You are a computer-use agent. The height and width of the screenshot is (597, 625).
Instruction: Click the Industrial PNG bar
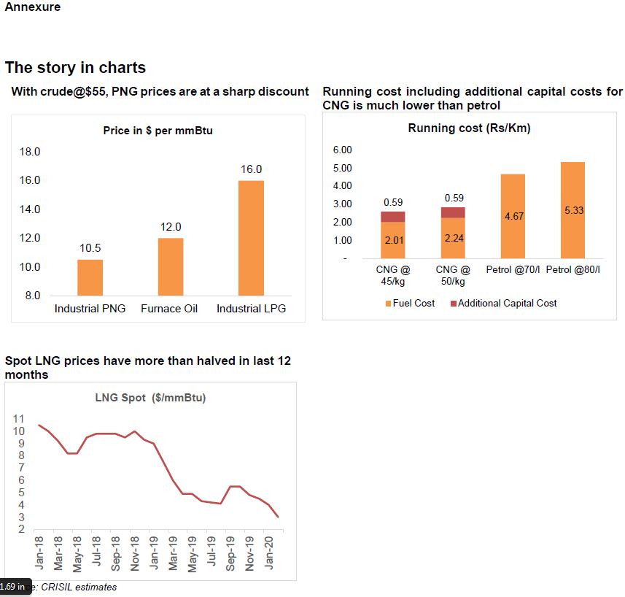coord(90,277)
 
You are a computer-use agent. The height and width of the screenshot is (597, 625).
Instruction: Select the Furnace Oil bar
coord(171,266)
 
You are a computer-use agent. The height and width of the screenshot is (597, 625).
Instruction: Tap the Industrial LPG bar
coord(251,238)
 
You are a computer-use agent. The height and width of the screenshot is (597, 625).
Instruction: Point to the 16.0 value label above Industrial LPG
coord(251,169)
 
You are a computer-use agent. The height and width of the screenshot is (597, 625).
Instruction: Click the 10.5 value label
coord(90,248)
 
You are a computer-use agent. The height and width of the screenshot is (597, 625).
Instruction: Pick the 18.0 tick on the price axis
coord(29,152)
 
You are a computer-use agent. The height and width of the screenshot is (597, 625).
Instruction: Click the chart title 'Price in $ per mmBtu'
coord(158,131)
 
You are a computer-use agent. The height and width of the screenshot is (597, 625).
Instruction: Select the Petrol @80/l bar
coord(572,210)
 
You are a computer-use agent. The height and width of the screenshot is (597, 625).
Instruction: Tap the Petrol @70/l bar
coord(513,216)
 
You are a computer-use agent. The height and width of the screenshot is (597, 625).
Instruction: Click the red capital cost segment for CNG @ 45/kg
coord(393,217)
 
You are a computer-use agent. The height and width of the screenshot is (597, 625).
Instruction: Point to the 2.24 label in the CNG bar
coord(454,237)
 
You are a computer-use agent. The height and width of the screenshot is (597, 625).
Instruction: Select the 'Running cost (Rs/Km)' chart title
coord(469,128)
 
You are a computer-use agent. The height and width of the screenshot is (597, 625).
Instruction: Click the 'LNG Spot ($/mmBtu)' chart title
coord(150,398)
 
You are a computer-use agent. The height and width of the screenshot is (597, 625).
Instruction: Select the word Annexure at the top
coord(33,7)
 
